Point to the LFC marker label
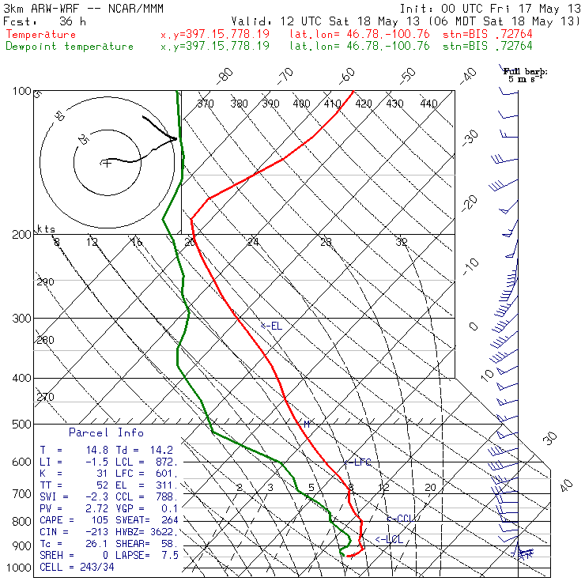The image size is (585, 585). [360, 462]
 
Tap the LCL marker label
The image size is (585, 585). [390, 539]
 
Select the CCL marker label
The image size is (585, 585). [401, 519]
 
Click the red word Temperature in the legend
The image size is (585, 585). [41, 35]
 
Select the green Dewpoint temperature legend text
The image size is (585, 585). [70, 46]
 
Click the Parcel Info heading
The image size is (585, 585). [106, 432]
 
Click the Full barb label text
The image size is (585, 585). [526, 71]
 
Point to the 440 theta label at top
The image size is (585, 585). [428, 104]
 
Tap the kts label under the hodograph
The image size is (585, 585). [47, 228]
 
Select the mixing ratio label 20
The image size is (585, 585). [430, 488]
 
